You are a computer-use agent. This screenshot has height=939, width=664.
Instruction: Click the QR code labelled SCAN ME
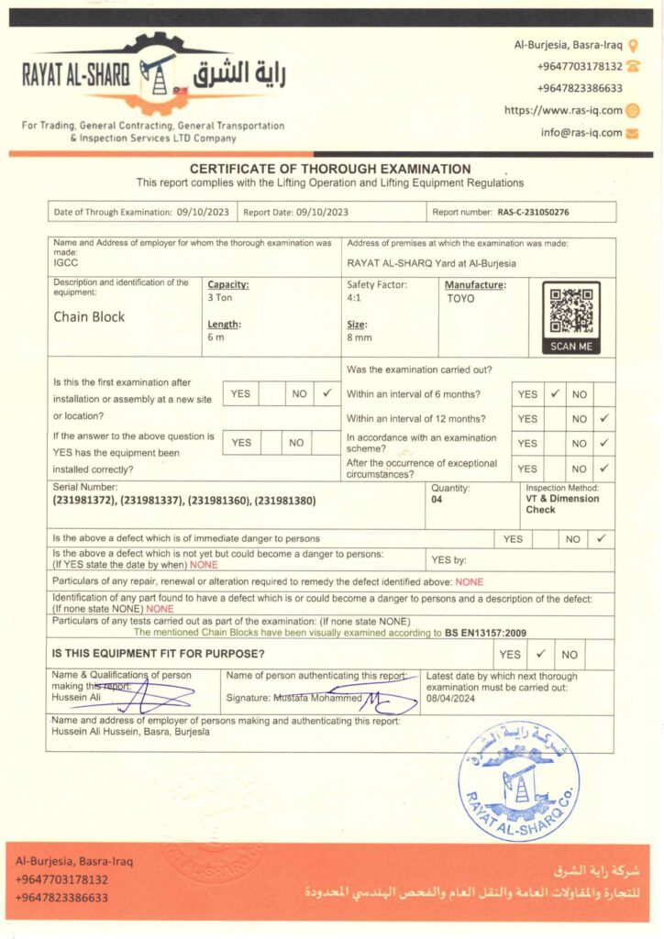[x=571, y=312]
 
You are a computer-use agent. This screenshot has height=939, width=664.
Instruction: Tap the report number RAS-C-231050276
[x=533, y=212]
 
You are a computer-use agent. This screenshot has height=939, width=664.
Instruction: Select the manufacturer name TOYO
[x=460, y=299]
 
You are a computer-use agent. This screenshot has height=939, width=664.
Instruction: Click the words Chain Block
[x=89, y=317]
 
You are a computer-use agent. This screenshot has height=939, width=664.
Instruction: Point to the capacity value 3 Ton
[x=220, y=299]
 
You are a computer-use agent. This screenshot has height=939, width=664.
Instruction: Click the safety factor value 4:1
[x=354, y=299]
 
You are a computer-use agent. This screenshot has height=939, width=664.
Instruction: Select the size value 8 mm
[x=359, y=338]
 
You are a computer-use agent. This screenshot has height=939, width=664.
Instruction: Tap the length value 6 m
[x=216, y=338]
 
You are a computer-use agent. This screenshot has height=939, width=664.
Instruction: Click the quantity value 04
[x=437, y=502]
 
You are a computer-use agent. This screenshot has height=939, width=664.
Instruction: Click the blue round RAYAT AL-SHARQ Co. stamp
[x=518, y=779]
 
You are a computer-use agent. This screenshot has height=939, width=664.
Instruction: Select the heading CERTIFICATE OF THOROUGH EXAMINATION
[x=330, y=169]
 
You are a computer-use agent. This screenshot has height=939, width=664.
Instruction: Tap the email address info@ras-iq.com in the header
[x=581, y=132]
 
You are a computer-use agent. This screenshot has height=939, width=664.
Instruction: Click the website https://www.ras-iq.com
[x=563, y=110]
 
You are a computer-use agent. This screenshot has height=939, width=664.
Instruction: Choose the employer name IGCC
[x=65, y=261]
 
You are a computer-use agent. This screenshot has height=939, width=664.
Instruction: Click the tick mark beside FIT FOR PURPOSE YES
[x=541, y=655]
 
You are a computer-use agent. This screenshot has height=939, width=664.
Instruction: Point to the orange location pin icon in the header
[x=633, y=44]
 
